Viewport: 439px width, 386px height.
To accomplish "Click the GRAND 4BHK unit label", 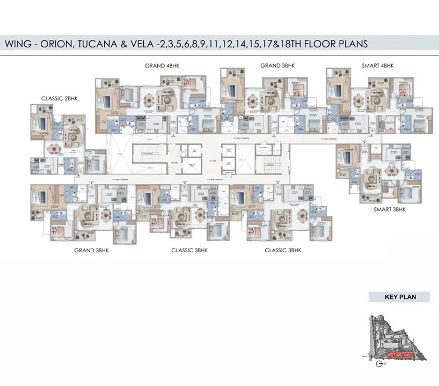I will pos(163,65).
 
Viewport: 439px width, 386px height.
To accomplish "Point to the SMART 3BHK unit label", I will pos(390,209).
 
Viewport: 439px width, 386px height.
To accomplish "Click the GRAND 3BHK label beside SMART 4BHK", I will pos(278,65).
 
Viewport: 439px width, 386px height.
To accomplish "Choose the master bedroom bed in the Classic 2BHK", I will pos(41,125).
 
